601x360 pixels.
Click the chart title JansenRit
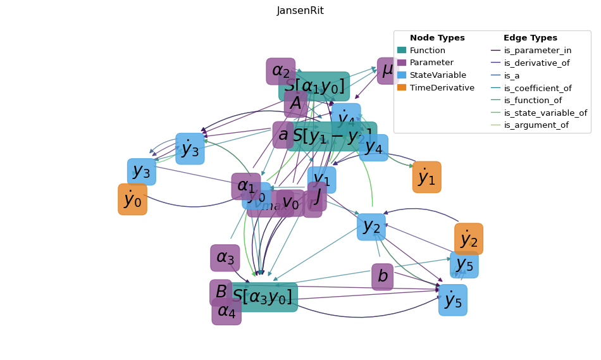pos(300,11)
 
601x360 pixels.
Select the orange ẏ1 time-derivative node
pos(426,177)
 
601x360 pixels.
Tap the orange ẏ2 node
pos(468,239)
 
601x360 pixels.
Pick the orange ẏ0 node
pos(132,199)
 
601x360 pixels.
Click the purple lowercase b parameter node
pos(382,276)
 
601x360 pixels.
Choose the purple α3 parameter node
pos(225,258)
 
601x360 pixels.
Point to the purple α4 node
pos(226,311)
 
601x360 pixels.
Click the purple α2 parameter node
pos(280,71)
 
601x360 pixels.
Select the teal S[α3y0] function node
pos(262,297)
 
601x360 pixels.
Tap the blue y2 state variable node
pos(371,227)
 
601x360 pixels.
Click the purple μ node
pos(387,70)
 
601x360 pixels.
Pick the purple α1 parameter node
pos(245,186)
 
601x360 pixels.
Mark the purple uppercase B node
pos(221,292)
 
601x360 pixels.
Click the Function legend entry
pos(427,51)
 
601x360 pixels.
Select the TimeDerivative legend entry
pos(442,88)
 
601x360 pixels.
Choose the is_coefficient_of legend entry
pos(537,88)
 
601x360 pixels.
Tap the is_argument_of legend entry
pos(536,125)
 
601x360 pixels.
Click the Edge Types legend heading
pos(530,38)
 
